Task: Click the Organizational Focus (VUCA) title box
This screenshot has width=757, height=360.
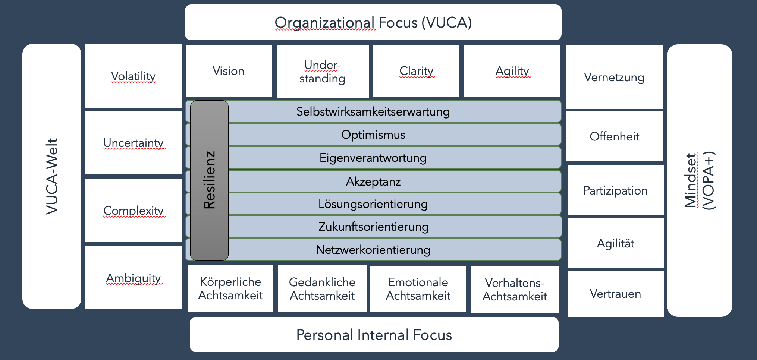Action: (x=373, y=22)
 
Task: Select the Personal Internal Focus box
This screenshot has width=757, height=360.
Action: (x=374, y=335)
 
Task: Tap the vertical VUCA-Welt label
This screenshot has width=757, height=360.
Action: (x=52, y=176)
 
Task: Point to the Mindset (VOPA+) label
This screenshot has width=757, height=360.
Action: (x=699, y=180)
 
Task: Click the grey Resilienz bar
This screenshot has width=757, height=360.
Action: (x=209, y=180)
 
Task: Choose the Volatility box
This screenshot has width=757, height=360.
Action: (x=133, y=76)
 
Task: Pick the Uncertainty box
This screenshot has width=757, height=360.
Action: (x=133, y=143)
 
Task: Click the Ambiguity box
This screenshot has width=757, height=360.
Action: (x=133, y=278)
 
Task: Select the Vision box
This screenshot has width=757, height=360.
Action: (x=228, y=71)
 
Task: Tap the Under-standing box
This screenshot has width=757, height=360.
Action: (x=322, y=71)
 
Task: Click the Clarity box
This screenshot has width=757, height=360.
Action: (x=416, y=71)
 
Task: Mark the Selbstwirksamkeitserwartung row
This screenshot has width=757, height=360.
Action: (x=373, y=111)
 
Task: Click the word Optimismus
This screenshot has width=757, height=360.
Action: (x=373, y=135)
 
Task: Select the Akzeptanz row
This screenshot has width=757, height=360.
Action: (x=373, y=181)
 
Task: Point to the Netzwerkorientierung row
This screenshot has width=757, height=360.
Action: (x=373, y=250)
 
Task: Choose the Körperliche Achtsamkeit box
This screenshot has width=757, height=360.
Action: (x=230, y=288)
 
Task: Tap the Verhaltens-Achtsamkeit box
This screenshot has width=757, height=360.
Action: (x=515, y=290)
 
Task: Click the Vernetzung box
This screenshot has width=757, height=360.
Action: (x=614, y=77)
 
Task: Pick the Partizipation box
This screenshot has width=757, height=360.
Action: (x=615, y=190)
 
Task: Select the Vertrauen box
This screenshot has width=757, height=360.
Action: (x=615, y=294)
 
